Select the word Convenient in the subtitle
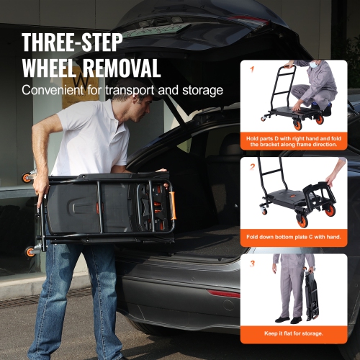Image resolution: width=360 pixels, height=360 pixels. point(53,91)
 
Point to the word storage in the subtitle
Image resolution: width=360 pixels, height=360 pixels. point(199,91)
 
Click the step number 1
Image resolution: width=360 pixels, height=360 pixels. point(251,70)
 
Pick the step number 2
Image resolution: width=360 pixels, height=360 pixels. point(252,166)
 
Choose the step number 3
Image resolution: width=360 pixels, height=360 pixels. point(252,264)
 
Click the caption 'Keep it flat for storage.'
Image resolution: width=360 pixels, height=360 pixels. point(294,333)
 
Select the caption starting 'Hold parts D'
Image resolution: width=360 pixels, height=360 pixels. point(294,142)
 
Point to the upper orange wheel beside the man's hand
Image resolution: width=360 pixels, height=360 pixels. point(27,177)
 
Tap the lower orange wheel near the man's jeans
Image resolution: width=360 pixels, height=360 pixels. point(31,251)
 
